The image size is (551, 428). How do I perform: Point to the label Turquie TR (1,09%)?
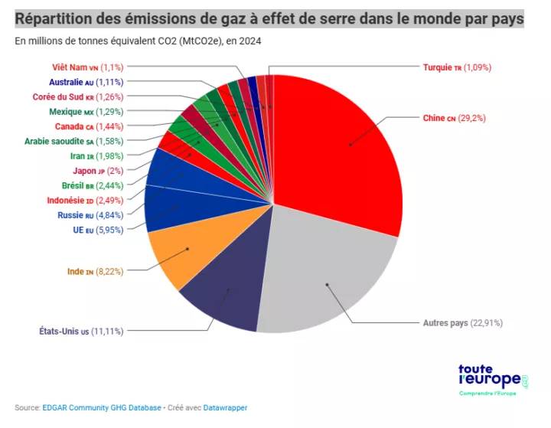(457, 67)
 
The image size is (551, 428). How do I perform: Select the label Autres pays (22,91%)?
(462, 323)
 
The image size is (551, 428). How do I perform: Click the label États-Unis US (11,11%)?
(81, 331)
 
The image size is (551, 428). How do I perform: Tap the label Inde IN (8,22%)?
(95, 271)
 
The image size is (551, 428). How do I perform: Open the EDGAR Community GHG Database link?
(102, 408)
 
